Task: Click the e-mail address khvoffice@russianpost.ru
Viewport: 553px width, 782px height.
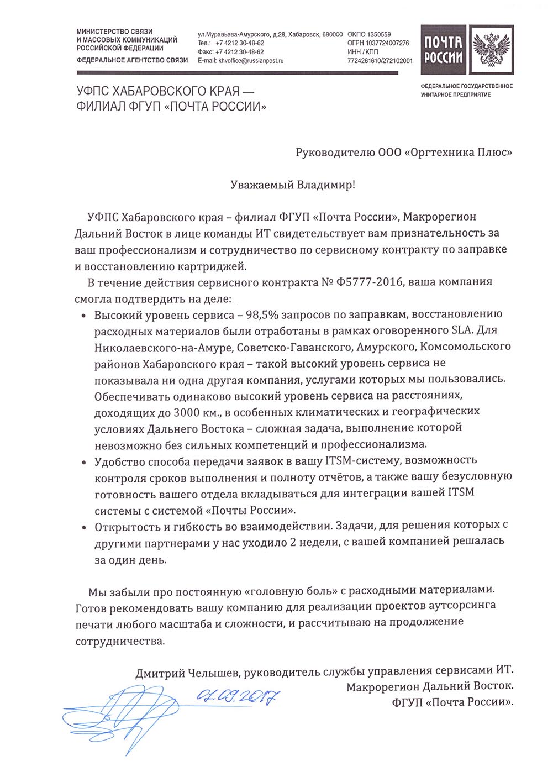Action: [x=251, y=61]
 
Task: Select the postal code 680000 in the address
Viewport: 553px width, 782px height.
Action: [x=331, y=34]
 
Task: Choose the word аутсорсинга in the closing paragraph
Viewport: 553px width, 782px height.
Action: [x=462, y=606]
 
